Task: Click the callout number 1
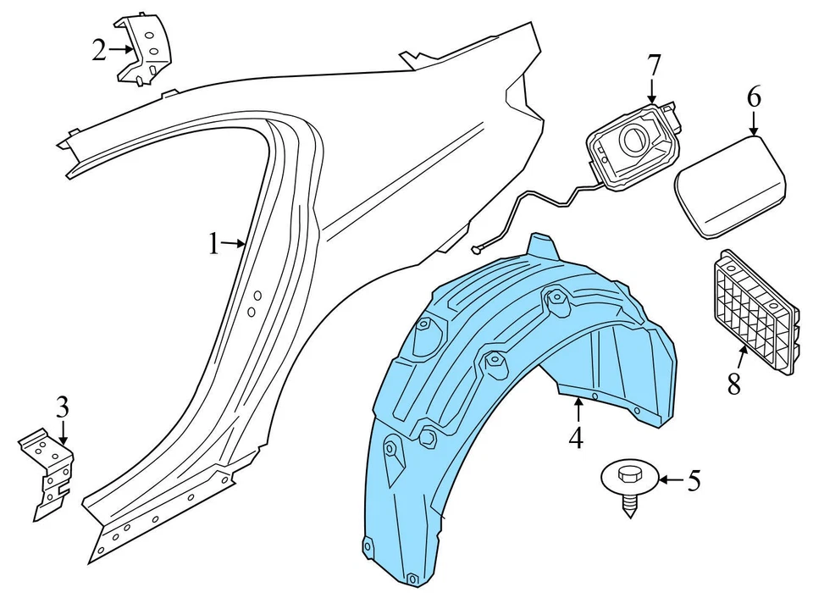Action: click(x=214, y=245)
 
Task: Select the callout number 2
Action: click(x=100, y=50)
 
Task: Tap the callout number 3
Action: click(x=61, y=407)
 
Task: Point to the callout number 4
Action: click(x=576, y=438)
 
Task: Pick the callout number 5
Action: click(x=694, y=481)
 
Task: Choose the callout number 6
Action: click(x=754, y=97)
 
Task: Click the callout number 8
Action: click(x=733, y=382)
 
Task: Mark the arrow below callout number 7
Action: click(x=653, y=90)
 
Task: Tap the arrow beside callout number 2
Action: click(x=121, y=50)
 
